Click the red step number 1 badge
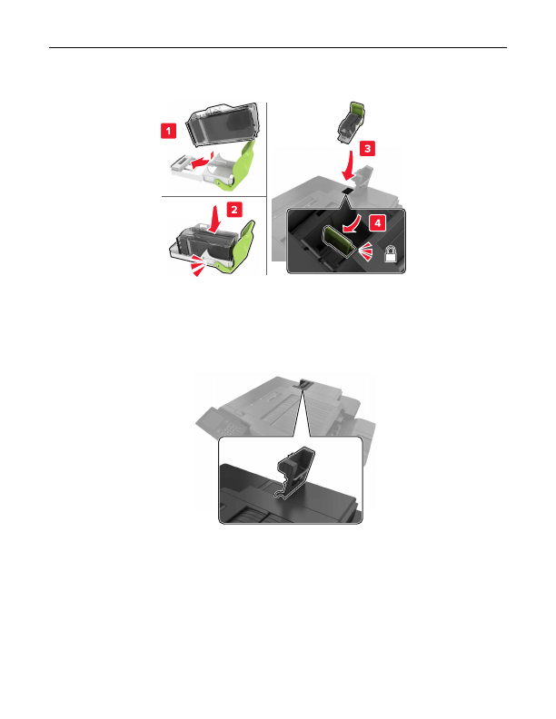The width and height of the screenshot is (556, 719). pos(168,131)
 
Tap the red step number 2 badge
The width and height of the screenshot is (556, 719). pos(234,210)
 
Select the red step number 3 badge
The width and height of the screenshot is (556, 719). pos(367,149)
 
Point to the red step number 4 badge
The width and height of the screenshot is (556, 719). pos(378,223)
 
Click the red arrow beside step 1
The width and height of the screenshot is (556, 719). pos(202,161)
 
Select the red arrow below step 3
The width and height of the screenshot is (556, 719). pos(349,166)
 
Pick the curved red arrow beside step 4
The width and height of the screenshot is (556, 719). pos(356,227)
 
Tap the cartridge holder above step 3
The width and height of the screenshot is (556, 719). pos(352,122)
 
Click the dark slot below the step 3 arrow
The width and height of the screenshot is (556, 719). pos(347,190)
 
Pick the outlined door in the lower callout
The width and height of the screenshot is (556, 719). pos(295,472)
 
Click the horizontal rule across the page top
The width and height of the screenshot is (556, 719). pos(278,47)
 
